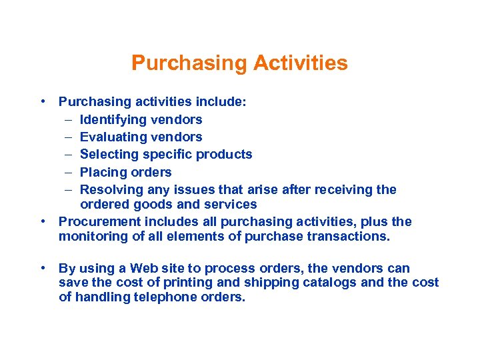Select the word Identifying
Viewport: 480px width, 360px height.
[113, 120]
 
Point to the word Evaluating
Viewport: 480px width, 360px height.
[113, 137]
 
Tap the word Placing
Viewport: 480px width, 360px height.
[103, 172]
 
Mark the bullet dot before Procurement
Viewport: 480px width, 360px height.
[42, 221]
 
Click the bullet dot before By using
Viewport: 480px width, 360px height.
[42, 268]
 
